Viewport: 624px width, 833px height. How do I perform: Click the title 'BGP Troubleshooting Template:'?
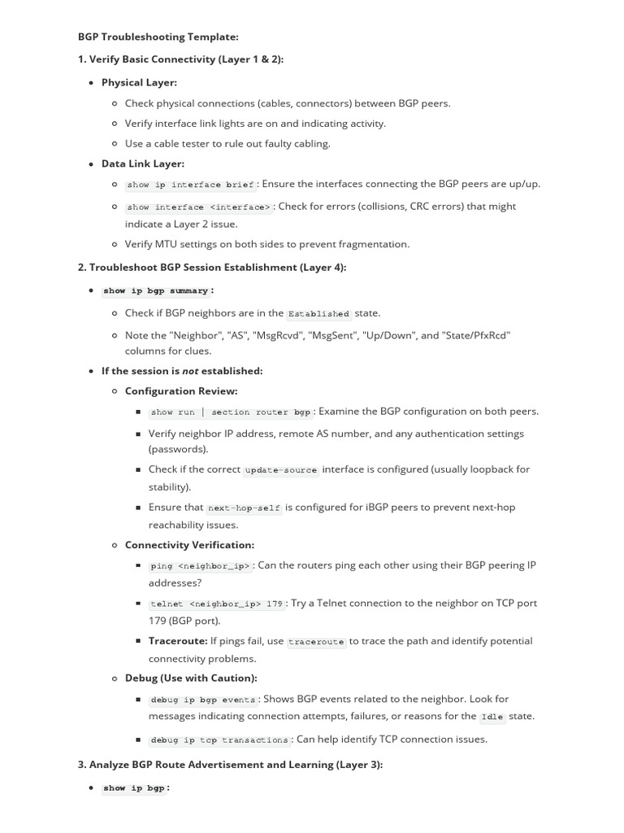158,37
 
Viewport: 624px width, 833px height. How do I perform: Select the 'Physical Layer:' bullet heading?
139,82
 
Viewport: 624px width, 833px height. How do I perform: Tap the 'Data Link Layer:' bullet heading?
143,164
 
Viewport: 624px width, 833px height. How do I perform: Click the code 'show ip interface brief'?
190,185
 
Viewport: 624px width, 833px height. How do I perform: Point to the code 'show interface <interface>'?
199,207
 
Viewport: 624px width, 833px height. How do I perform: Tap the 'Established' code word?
318,313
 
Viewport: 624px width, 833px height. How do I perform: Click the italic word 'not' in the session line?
190,371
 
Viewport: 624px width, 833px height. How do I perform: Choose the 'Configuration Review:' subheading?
170,390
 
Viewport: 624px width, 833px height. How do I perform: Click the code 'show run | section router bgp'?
231,412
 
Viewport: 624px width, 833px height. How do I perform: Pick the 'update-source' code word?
281,470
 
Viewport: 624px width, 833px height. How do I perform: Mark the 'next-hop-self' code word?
244,508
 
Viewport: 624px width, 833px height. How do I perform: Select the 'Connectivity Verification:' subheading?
189,545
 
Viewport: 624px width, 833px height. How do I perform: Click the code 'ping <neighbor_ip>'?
201,566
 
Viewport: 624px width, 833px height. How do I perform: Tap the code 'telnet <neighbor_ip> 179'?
217,604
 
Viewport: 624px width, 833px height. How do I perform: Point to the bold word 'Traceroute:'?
178,641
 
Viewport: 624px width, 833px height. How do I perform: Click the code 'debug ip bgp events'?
203,700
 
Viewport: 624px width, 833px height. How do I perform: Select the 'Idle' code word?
492,717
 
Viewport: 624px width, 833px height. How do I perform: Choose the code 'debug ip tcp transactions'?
219,740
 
